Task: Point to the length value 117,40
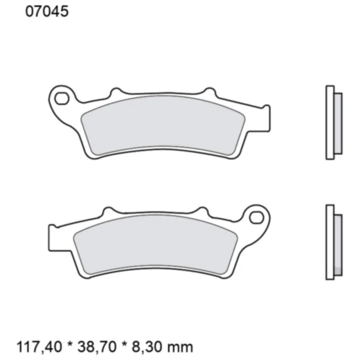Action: (x=57, y=345)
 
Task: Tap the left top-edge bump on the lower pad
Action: (x=108, y=210)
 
